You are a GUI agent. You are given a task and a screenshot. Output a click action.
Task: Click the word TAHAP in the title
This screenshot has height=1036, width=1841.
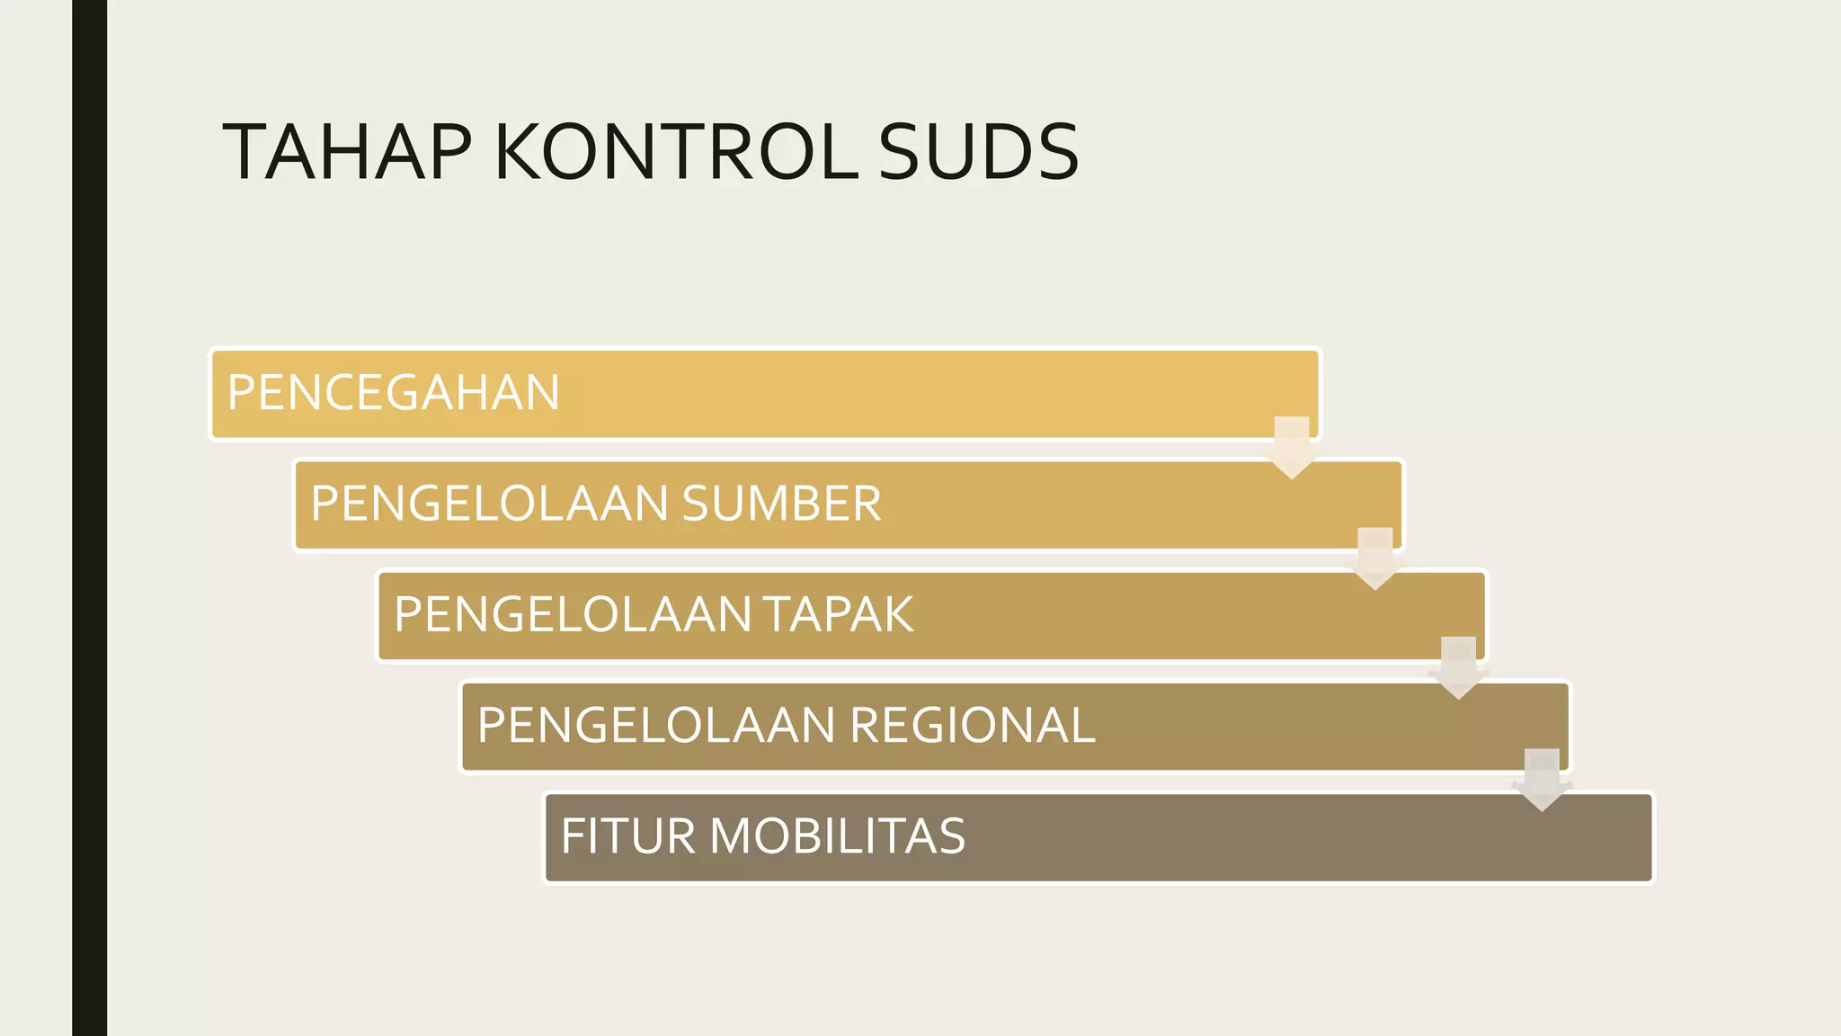pos(347,152)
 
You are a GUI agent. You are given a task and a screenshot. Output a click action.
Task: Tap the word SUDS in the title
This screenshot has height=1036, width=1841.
pos(978,152)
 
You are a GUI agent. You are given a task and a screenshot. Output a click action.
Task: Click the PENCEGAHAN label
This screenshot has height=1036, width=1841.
pos(394,393)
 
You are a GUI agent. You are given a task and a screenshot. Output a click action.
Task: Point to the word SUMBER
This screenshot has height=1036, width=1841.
pos(781,504)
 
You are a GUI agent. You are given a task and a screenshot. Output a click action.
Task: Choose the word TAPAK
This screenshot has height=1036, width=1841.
pos(839,615)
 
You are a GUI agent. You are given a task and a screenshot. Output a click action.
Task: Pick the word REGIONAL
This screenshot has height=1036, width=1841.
pos(972,726)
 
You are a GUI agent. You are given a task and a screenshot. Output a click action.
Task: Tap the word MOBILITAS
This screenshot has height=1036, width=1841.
pos(838,836)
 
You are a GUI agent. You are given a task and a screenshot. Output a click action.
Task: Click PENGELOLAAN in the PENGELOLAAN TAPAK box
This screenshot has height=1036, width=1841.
pos(573,615)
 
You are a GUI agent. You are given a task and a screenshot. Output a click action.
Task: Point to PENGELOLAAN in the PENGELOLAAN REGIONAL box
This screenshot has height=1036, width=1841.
pos(656,726)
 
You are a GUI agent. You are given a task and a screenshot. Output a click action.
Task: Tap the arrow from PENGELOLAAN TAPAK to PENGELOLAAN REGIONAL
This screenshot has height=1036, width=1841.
pos(1458,668)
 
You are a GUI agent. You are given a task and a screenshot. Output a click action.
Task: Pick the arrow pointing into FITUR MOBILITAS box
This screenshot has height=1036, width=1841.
pos(1542,780)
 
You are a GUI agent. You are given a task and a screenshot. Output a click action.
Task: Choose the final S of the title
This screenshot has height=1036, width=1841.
pos(1059,152)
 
